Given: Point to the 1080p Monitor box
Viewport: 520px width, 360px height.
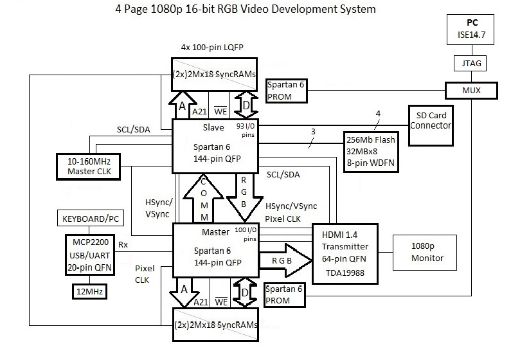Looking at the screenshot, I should click(x=427, y=252).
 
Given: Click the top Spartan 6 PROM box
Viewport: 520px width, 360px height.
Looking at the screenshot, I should click(x=287, y=92).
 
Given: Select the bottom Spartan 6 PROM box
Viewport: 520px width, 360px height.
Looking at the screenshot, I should click(x=285, y=294).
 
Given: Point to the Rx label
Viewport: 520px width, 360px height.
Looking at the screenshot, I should click(x=123, y=245).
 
